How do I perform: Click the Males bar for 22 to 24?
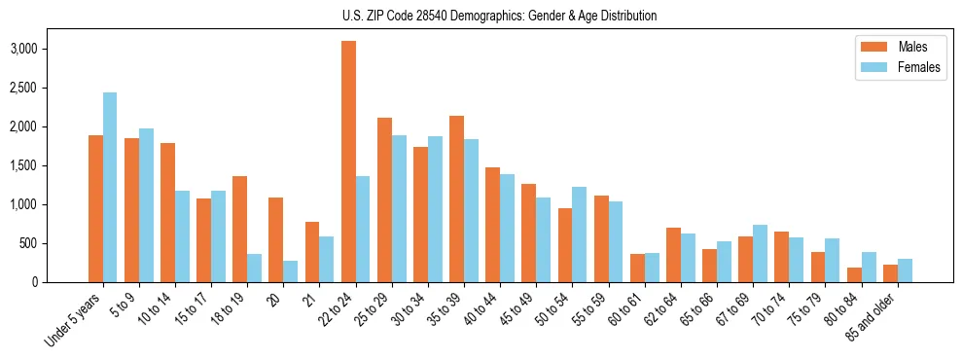pyautogui.click(x=348, y=162)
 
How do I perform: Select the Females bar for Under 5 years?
pyautogui.click(x=110, y=187)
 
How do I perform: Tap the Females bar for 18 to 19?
pyautogui.click(x=254, y=268)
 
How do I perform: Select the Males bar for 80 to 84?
pyautogui.click(x=853, y=274)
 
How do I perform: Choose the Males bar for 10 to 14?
pyautogui.click(x=167, y=212)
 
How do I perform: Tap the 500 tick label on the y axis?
pyautogui.click(x=57, y=243)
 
